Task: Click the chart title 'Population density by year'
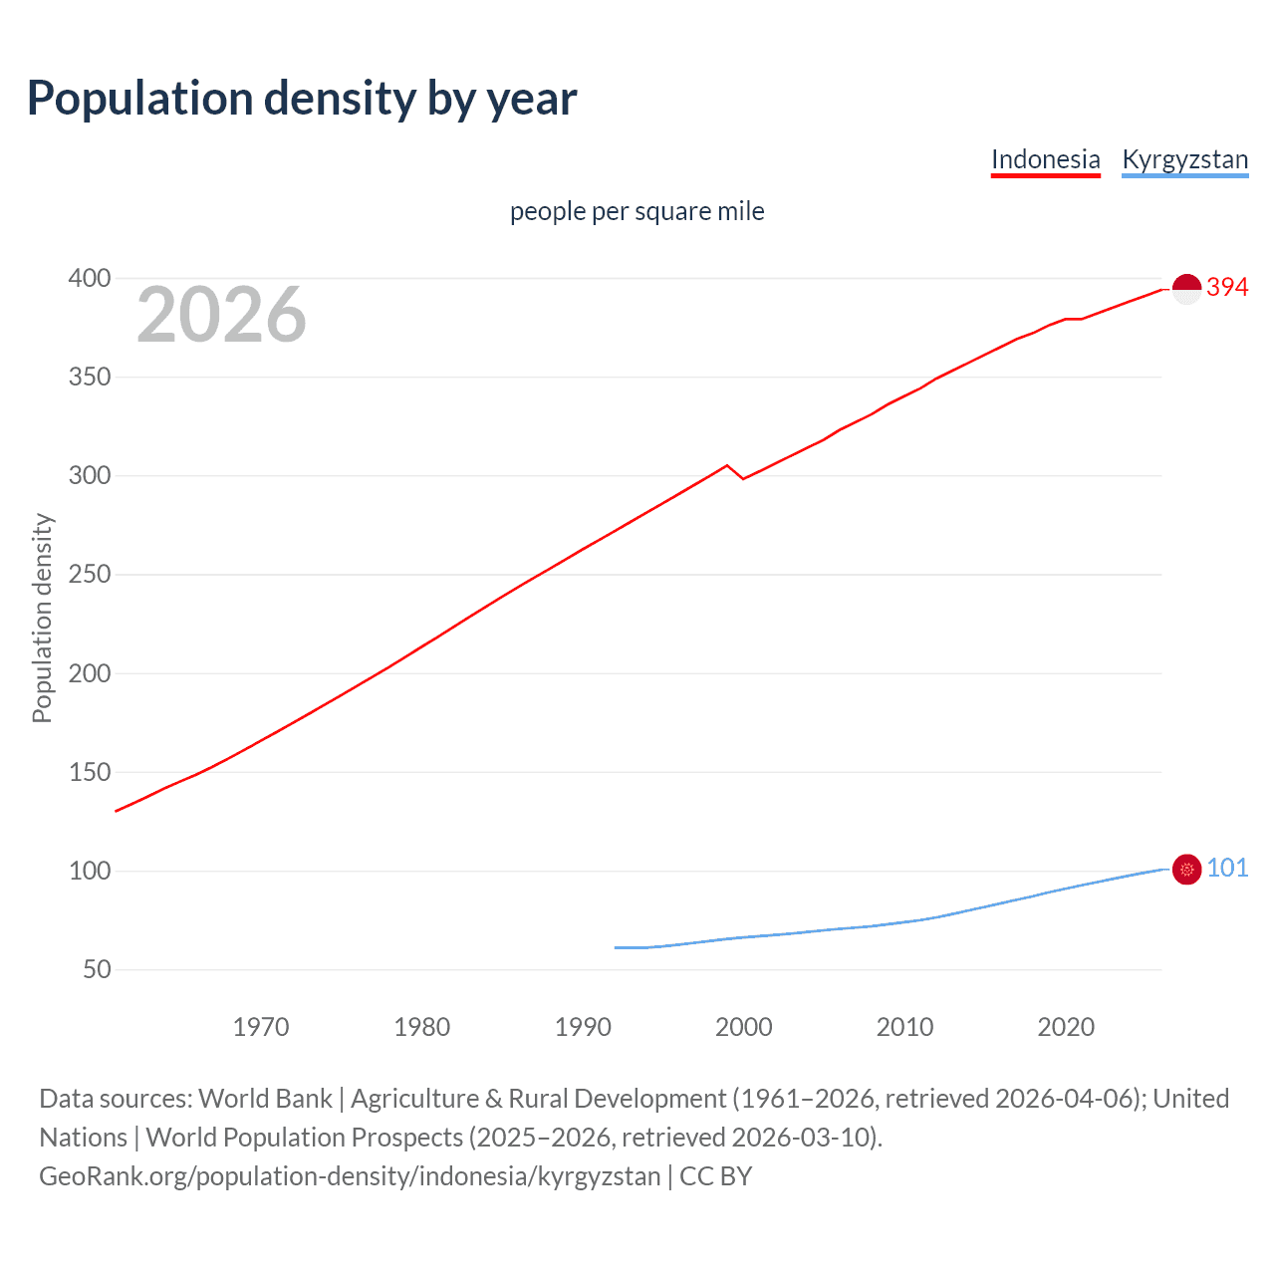coord(302,99)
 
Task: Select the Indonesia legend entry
coord(1045,159)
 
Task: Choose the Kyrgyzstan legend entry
coord(1184,159)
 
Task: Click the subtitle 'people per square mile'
coord(637,211)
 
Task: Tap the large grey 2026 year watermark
coord(221,315)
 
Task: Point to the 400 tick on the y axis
coord(89,278)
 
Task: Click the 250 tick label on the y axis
coord(89,575)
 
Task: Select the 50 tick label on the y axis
coord(97,969)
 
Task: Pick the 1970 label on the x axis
coord(260,1027)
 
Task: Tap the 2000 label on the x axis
coord(743,1027)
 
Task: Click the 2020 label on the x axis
coord(1066,1027)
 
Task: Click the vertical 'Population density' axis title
coord(42,618)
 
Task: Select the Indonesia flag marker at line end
coord(1186,289)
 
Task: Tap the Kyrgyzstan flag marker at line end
coord(1186,870)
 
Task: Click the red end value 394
coord(1227,287)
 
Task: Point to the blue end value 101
coord(1227,869)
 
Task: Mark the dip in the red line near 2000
coord(743,479)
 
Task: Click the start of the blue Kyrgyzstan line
coord(616,947)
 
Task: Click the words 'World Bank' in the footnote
coord(265,1099)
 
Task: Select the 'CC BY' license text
coord(715,1176)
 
